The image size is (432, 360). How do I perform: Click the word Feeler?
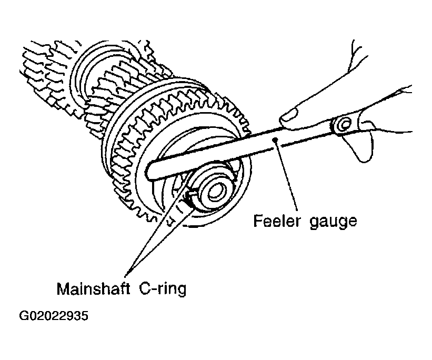point(276,221)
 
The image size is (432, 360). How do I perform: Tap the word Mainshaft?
point(93,288)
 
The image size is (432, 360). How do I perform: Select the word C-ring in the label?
point(163,289)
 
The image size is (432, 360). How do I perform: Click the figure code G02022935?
point(54,316)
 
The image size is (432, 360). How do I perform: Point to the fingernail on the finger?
point(289,114)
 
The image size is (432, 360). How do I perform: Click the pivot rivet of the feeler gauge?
point(344,125)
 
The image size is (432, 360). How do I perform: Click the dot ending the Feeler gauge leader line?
point(275,140)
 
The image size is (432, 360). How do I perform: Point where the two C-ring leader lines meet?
point(126,276)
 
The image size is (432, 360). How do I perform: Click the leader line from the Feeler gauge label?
point(286,175)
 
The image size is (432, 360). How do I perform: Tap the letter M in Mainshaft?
point(62,288)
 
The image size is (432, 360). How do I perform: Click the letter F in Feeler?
point(258,221)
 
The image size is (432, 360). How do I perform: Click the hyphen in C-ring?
point(155,290)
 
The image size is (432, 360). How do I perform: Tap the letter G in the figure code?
point(23,316)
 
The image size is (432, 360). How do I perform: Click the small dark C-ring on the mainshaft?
point(189,196)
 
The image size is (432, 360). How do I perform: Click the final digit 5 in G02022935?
point(85,316)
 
